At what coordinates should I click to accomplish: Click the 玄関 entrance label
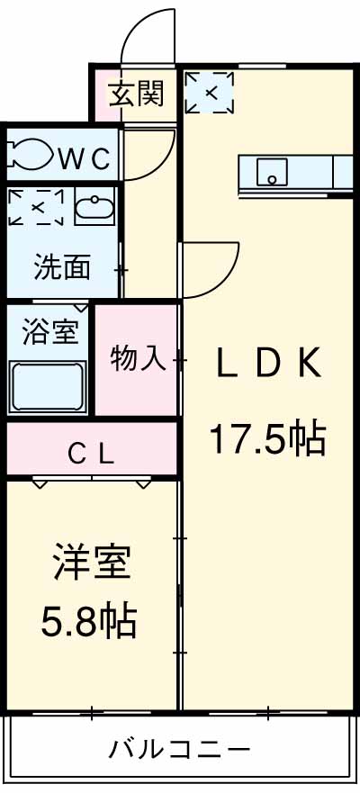[x=137, y=93]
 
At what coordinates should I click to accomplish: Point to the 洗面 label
[x=62, y=266]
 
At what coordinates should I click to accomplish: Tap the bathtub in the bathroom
[x=49, y=386]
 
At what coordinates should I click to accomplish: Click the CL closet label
[x=91, y=454]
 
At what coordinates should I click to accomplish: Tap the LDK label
[x=266, y=364]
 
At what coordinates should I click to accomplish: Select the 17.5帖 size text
[x=266, y=438]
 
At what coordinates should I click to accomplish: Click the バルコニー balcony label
[x=179, y=747]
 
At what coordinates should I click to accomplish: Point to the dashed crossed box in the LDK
[x=209, y=92]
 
